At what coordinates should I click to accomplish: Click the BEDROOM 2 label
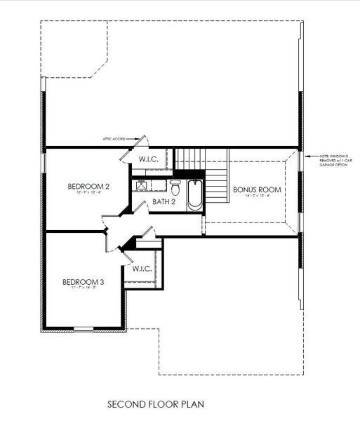coord(88,186)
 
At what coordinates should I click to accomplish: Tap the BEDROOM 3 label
coord(83,282)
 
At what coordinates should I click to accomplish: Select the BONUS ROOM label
coord(257,189)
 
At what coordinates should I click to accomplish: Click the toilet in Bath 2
coord(175,188)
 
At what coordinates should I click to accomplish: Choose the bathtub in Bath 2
coord(194,194)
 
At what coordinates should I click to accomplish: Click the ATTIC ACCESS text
coord(114,140)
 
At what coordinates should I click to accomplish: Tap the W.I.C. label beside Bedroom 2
coord(148,160)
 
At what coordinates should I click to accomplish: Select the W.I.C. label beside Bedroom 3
coord(142,268)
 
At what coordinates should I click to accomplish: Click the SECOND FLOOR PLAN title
coord(155,404)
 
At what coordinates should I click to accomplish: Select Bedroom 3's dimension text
coord(83,289)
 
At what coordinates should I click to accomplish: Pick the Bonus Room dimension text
coord(257,196)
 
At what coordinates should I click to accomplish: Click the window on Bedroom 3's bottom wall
coord(84,328)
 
